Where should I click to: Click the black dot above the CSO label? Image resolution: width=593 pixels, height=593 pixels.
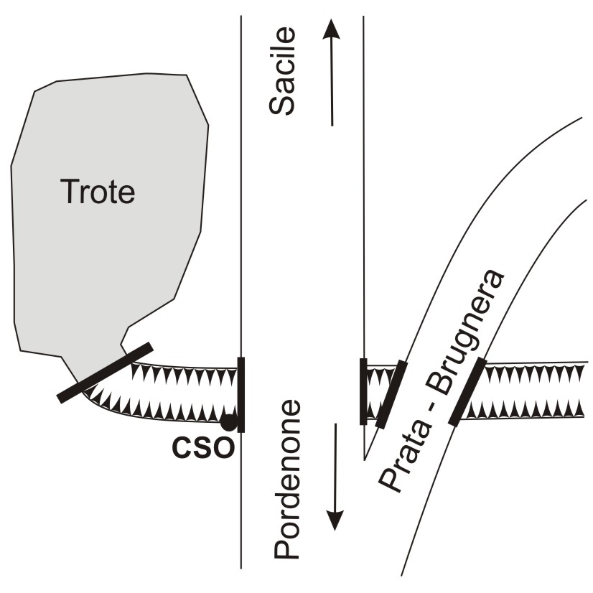click(x=228, y=422)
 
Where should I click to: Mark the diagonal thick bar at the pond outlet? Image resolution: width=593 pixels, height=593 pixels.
click(x=106, y=372)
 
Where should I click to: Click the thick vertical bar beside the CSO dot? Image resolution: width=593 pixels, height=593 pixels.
click(x=241, y=395)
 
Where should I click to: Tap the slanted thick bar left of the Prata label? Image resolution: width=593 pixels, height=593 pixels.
click(x=391, y=393)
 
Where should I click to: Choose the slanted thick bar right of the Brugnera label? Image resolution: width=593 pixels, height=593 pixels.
click(x=468, y=391)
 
